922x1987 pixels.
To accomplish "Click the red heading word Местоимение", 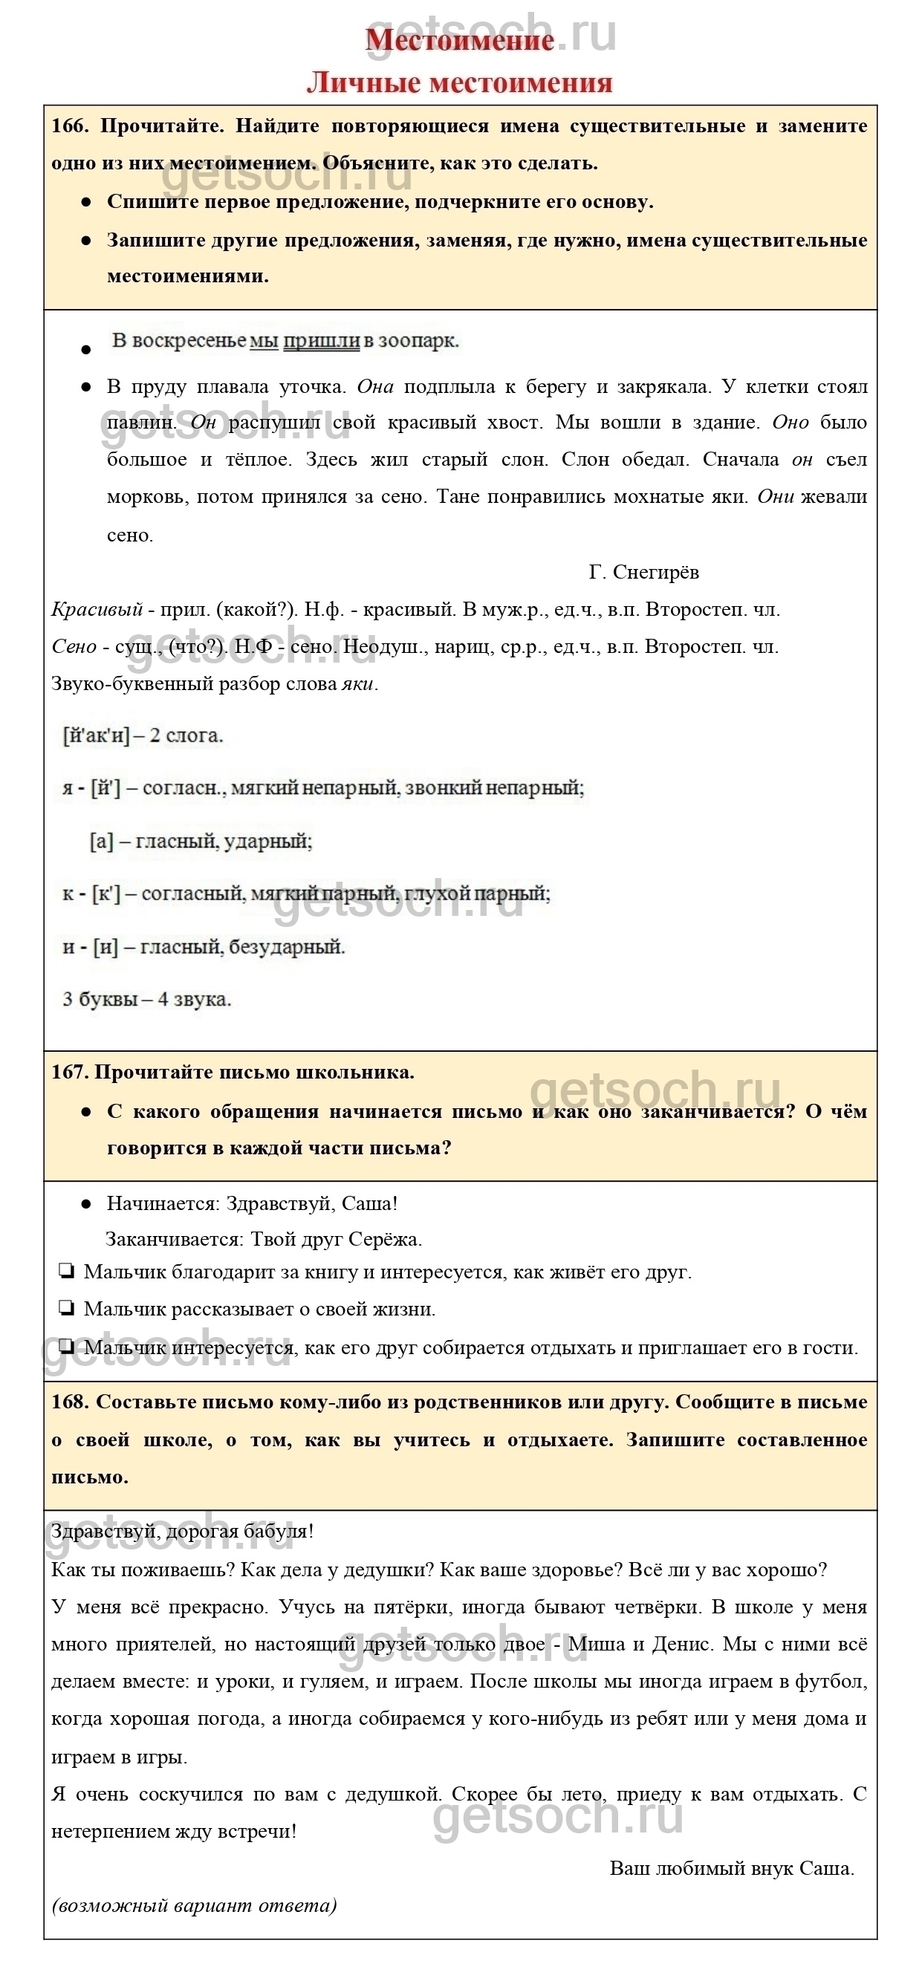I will click(459, 40).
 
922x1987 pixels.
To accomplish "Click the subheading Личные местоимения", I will click(459, 82).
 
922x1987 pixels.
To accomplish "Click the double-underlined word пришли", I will click(321, 340).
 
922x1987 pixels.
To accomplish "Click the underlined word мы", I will click(264, 340).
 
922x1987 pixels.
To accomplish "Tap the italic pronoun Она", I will click(375, 386).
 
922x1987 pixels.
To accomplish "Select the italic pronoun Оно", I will click(790, 423).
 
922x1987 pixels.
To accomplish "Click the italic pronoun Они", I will click(776, 497).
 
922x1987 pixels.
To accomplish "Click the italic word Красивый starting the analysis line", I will click(97, 609).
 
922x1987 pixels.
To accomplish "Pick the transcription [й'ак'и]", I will click(95, 735).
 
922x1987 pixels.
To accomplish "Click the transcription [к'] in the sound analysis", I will click(105, 894).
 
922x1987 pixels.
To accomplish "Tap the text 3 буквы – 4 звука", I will click(146, 999).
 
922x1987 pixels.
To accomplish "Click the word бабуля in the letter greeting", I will click(275, 1531).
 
